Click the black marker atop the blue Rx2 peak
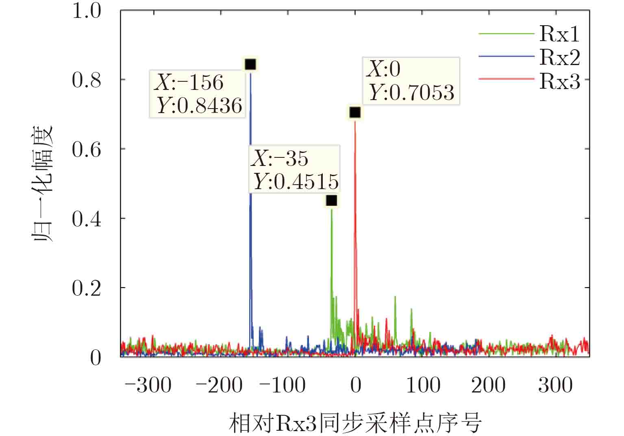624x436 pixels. pyautogui.click(x=250, y=64)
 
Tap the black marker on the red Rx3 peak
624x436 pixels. pyautogui.click(x=355, y=112)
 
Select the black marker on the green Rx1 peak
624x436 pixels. pyautogui.click(x=332, y=201)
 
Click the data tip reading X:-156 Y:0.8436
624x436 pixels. pyautogui.click(x=198, y=94)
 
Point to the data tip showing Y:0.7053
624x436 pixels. pyautogui.click(x=411, y=81)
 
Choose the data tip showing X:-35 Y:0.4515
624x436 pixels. pyautogui.click(x=294, y=169)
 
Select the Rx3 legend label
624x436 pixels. pyautogui.click(x=559, y=81)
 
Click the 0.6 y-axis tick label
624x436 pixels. pyautogui.click(x=86, y=150)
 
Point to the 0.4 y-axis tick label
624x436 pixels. pyautogui.click(x=86, y=219)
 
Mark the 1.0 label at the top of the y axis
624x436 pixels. pyautogui.click(x=86, y=11)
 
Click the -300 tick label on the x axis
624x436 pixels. pyautogui.click(x=148, y=385)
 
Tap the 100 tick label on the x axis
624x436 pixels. pyautogui.click(x=423, y=385)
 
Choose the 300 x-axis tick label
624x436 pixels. pyautogui.click(x=555, y=385)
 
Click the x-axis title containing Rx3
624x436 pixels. pyautogui.click(x=355, y=423)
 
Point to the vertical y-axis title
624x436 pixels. pyautogui.click(x=43, y=183)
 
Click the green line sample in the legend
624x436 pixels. pyautogui.click(x=506, y=33)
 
